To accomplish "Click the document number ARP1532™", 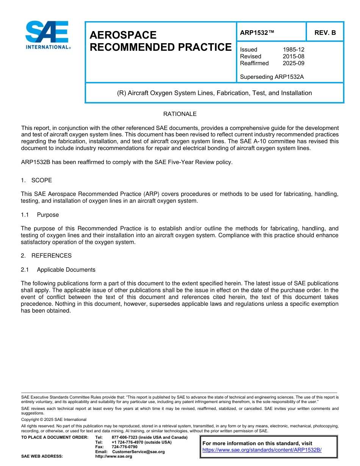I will [257, 33].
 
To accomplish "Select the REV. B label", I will [325, 33].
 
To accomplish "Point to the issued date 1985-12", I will [293, 50].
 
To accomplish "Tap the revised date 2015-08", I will [293, 56].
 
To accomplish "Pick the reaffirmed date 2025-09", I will [293, 63].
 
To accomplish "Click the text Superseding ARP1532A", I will [272, 77].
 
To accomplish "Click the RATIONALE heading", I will [180, 114].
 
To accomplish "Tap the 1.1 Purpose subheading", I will [40, 215].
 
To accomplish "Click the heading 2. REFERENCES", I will [46, 256].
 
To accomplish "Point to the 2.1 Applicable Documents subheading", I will [58, 270].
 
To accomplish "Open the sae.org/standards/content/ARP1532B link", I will [262, 450].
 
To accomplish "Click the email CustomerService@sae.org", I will [138, 452].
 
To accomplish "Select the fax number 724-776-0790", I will [124, 447].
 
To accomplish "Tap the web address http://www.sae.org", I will [114, 457].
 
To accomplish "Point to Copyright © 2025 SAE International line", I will [54, 420].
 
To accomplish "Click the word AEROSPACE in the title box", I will [123, 35].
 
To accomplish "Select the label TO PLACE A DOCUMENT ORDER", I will [55, 438].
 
